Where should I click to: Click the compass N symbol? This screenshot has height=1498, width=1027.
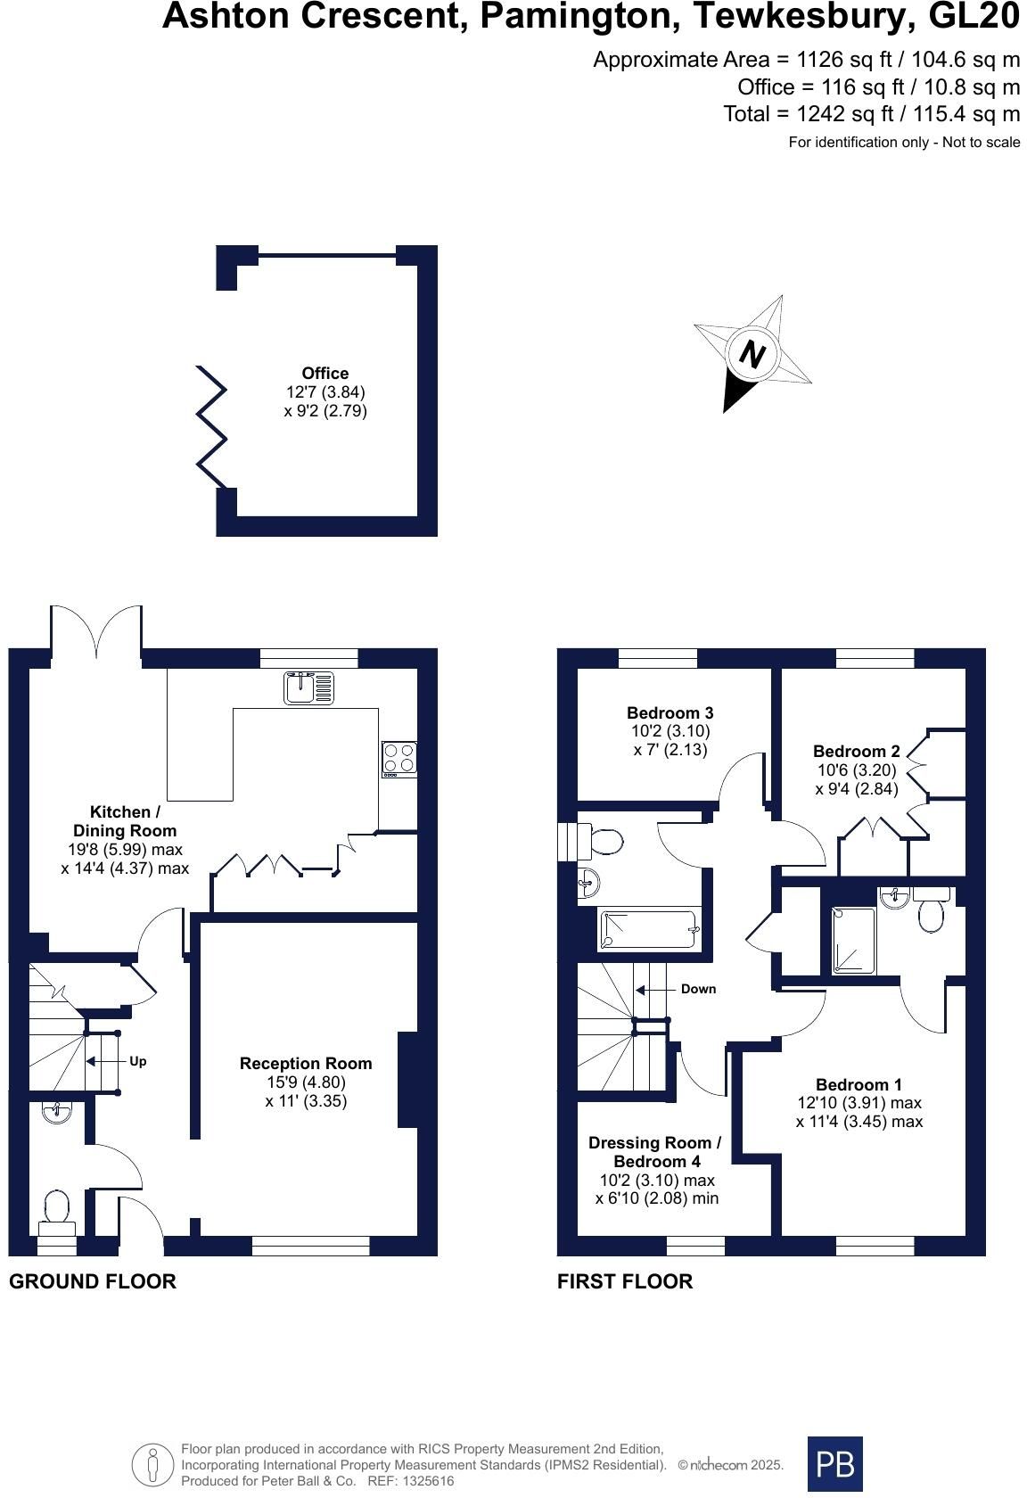click(752, 354)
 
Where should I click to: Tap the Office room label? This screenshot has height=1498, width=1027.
click(325, 373)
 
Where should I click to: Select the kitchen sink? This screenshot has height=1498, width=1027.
click(308, 688)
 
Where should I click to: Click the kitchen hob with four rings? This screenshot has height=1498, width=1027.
click(399, 759)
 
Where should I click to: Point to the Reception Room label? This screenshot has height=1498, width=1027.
click(306, 1063)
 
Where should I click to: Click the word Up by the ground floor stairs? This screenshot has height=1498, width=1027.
click(137, 1061)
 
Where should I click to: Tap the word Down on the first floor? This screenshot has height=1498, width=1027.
click(698, 989)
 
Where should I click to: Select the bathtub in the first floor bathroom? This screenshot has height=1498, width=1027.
click(649, 929)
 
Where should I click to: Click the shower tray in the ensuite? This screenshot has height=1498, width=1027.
click(853, 940)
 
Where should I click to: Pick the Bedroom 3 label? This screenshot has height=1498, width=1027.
click(670, 713)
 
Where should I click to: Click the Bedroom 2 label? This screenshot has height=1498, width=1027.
click(857, 751)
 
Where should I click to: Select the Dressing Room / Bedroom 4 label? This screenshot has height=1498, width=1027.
click(655, 1152)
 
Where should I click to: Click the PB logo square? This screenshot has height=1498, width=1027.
click(835, 1464)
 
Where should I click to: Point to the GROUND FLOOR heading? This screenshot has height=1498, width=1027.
click(93, 1281)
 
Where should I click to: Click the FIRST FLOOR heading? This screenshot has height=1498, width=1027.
click(625, 1281)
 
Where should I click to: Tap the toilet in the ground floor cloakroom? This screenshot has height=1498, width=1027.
click(56, 1212)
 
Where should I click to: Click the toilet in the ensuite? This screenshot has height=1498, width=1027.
click(932, 909)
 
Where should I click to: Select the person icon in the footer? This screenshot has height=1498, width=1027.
click(153, 1464)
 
